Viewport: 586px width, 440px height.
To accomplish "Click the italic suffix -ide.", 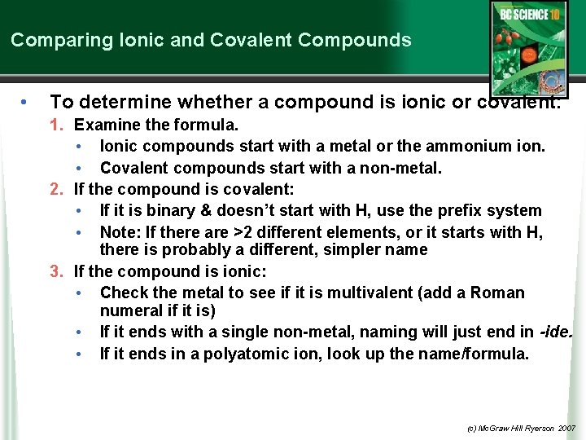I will pos(557,332).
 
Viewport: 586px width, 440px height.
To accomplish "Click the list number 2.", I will pos(56,189).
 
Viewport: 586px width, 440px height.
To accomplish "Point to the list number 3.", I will pos(56,271).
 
